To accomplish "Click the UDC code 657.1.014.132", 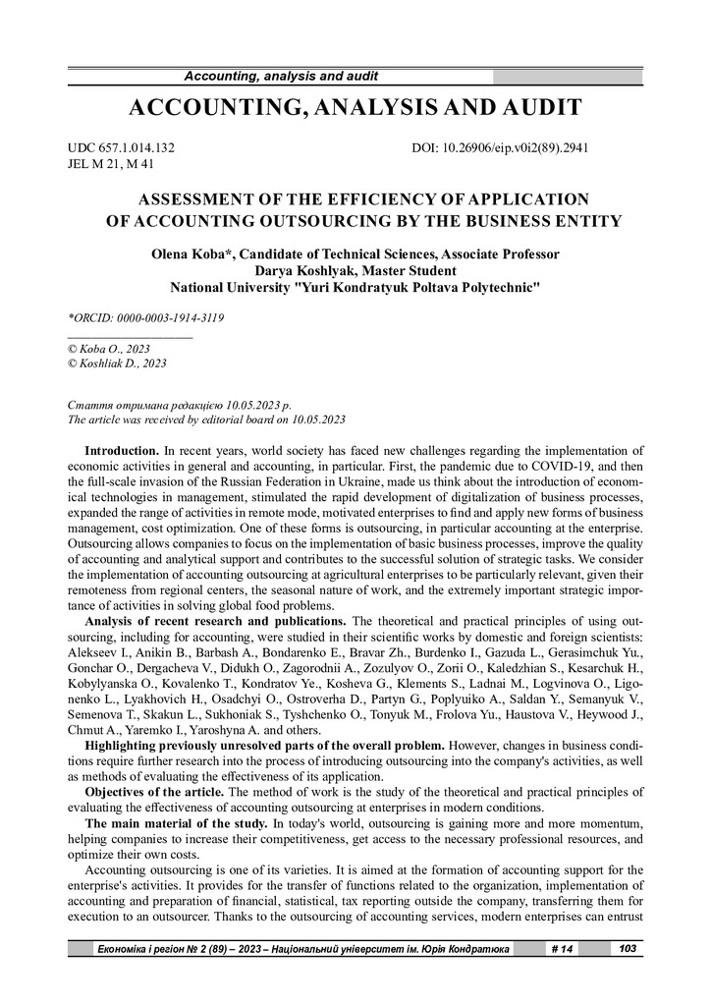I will point(135,148).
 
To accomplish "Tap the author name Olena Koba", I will point(185,254).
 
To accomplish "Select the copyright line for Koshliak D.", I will point(117,363).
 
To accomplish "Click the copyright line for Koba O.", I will point(107,348).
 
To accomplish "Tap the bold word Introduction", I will point(123,451).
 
